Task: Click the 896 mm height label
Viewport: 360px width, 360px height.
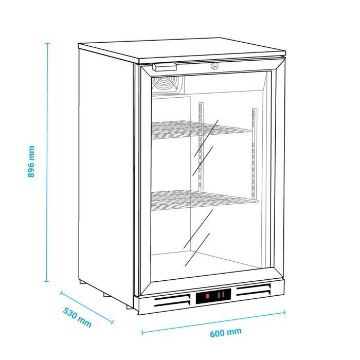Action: pyautogui.click(x=31, y=161)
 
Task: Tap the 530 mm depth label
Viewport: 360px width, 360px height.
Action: pyautogui.click(x=77, y=317)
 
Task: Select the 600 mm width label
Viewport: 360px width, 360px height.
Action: pyautogui.click(x=226, y=333)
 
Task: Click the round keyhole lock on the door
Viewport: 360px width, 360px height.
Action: pyautogui.click(x=214, y=66)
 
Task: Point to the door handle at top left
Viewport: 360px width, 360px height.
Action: pyautogui.click(x=165, y=67)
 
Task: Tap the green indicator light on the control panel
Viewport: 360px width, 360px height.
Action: pyautogui.click(x=219, y=295)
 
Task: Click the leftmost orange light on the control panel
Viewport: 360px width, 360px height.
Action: pyautogui.click(x=207, y=296)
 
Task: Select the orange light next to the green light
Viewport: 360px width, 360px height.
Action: pyautogui.click(x=223, y=294)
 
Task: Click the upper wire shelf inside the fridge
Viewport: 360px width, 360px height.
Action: pyautogui.click(x=201, y=130)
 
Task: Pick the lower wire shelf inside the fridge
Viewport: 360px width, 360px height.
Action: pyautogui.click(x=204, y=200)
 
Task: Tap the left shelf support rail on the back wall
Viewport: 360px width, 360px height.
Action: pyautogui.click(x=201, y=147)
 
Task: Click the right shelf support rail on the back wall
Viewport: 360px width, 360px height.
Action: pyautogui.click(x=254, y=153)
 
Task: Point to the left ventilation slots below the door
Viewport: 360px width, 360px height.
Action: pyautogui.click(x=172, y=301)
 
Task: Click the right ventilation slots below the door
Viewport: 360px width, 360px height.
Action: pyautogui.click(x=254, y=290)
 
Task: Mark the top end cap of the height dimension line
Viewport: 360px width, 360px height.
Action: pyautogui.click(x=47, y=43)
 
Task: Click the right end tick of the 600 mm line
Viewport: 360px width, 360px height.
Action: pyautogui.click(x=285, y=313)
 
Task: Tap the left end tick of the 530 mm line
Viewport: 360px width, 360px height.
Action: pyautogui.click(x=61, y=293)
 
